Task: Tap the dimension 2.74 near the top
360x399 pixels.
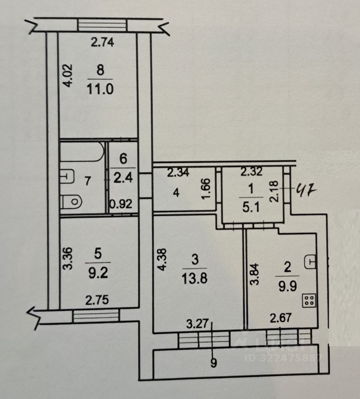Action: coord(103,42)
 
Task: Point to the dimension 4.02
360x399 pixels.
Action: coord(68,75)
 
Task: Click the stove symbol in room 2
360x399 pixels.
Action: coord(309,300)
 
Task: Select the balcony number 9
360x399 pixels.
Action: coord(213,363)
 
